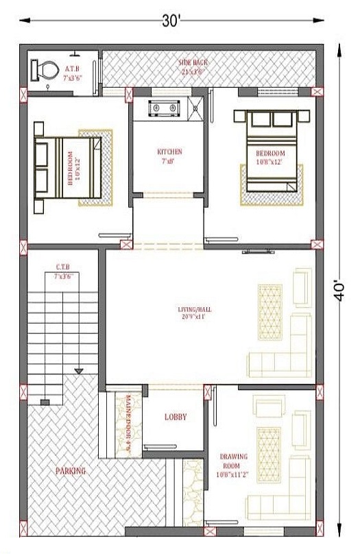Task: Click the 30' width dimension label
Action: point(171,21)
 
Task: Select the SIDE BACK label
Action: point(194,62)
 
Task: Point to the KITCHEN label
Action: point(169,152)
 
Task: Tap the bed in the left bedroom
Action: point(69,168)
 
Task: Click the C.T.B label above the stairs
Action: point(62,267)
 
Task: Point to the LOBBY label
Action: point(176,416)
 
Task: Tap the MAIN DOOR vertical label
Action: point(128,426)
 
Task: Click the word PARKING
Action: point(71,471)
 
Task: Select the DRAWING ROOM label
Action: point(233,461)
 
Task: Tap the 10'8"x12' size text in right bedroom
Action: point(269,162)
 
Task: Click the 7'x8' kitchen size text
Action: point(169,161)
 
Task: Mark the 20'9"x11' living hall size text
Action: point(194,318)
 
